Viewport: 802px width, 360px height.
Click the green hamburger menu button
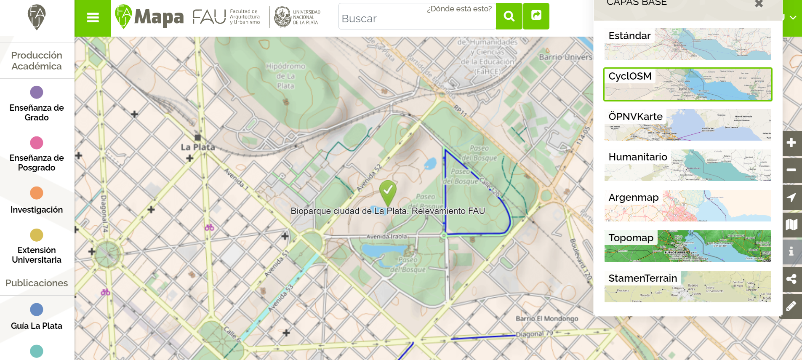[93, 18]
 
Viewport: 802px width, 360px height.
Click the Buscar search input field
[417, 19]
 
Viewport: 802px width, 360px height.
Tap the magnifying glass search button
[509, 16]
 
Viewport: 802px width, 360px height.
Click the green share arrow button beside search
[536, 16]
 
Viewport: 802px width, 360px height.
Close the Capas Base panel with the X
[759, 4]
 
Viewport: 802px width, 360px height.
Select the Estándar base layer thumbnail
[687, 44]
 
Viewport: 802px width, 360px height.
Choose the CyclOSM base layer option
[687, 84]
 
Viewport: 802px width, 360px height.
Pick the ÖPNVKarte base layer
[687, 125]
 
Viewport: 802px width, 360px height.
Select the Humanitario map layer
[687, 165]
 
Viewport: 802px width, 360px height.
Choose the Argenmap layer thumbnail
[687, 205]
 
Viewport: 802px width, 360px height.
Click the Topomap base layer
[687, 246]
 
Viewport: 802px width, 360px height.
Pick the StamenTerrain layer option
[687, 286]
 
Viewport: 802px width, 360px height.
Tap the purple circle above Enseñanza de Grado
[37, 92]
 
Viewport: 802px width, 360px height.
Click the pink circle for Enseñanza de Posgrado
[37, 143]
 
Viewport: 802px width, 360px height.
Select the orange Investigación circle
[37, 193]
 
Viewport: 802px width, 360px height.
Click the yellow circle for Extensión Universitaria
[37, 235]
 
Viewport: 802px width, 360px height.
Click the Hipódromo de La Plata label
[285, 76]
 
